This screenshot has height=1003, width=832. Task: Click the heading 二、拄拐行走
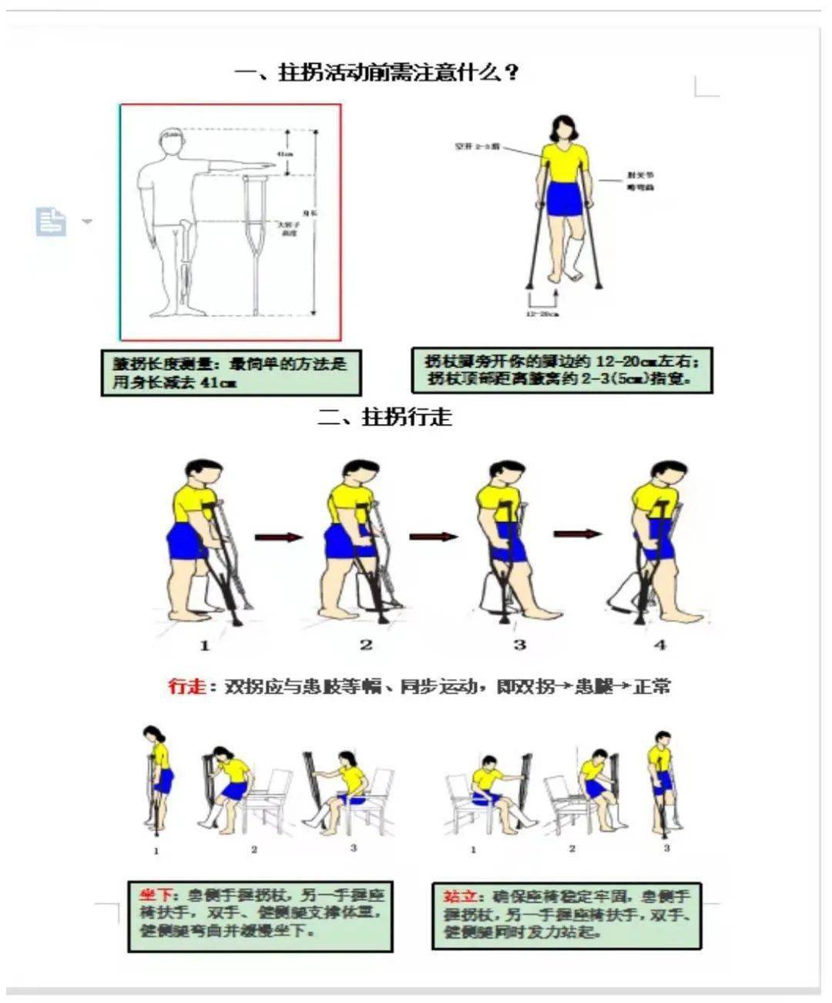tap(385, 417)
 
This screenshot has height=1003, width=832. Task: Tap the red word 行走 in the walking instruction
tap(187, 685)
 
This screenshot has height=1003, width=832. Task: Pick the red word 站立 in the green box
tap(462, 897)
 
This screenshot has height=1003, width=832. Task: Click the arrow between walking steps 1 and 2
tap(278, 537)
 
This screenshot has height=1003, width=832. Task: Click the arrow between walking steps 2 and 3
tap(433, 537)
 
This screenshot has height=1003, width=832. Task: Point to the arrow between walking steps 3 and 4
tap(577, 533)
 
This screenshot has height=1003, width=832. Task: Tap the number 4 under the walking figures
tap(660, 645)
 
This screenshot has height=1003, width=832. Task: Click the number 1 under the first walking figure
tap(205, 645)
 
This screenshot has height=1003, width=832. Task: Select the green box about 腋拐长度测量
tap(230, 373)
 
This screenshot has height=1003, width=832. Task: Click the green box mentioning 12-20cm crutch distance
tap(562, 370)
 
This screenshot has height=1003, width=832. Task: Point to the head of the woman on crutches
tap(564, 128)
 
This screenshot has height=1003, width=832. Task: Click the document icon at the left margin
tap(51, 221)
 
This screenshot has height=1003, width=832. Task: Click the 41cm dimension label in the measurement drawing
tap(285, 154)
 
